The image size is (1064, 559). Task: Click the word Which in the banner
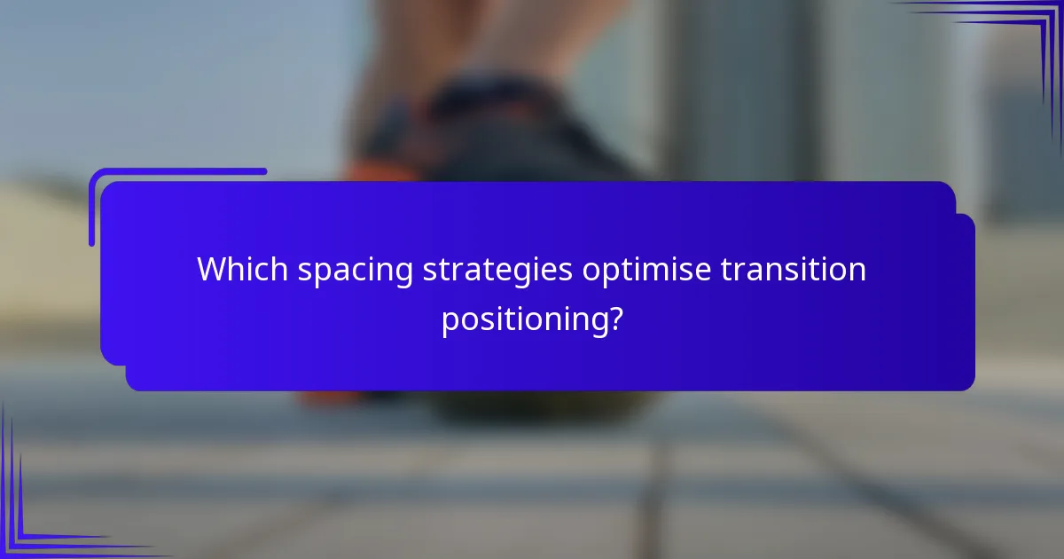pos(242,269)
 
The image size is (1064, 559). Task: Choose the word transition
pos(793,269)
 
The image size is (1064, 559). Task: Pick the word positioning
pos(522,319)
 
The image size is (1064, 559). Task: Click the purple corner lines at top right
pos(1020,35)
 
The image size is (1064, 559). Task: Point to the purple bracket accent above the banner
pos(177,171)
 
